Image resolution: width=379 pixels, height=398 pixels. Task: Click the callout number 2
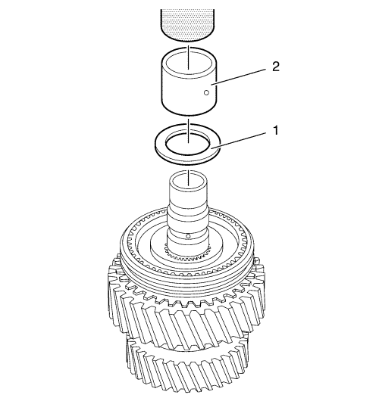click(276, 67)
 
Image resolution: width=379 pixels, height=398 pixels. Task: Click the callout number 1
click(276, 130)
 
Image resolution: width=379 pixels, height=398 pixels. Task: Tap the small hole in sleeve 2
click(206, 92)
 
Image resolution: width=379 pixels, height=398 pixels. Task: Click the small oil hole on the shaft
click(188, 236)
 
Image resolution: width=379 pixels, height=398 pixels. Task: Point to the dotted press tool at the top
click(187, 24)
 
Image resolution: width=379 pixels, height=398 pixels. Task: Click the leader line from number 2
click(239, 76)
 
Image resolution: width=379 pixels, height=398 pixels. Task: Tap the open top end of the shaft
click(188, 182)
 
